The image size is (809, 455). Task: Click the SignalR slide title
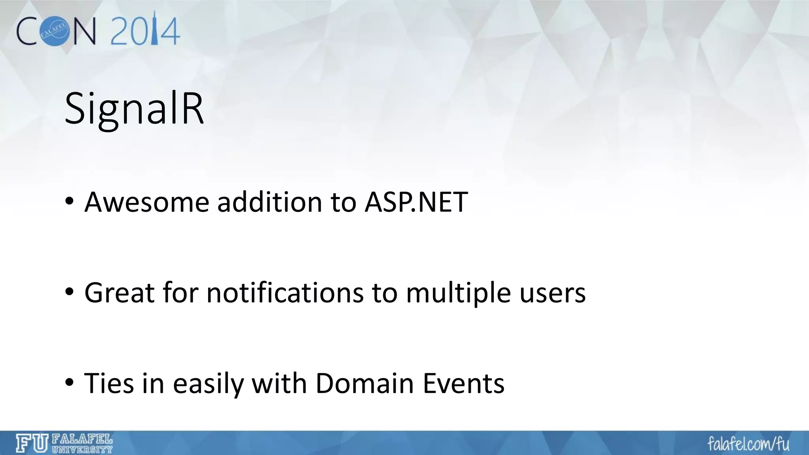click(134, 109)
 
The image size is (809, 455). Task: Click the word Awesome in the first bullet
click(147, 202)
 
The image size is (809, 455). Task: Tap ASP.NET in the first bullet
click(416, 202)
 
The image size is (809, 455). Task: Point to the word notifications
click(285, 293)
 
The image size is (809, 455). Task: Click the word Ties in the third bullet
click(109, 383)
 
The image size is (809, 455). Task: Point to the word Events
click(463, 383)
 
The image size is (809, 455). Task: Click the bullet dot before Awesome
click(70, 202)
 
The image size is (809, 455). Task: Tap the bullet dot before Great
click(70, 293)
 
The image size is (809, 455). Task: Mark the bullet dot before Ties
click(70, 383)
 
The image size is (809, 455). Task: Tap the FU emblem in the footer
click(32, 443)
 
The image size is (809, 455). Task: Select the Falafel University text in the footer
click(82, 444)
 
